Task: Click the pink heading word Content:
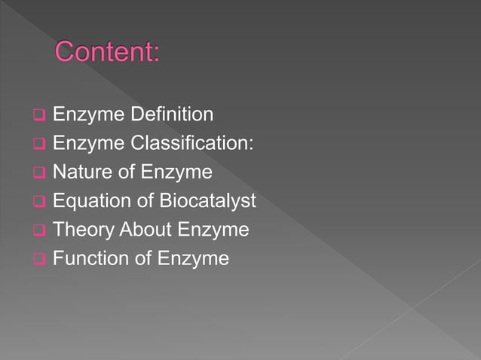tap(108, 53)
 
